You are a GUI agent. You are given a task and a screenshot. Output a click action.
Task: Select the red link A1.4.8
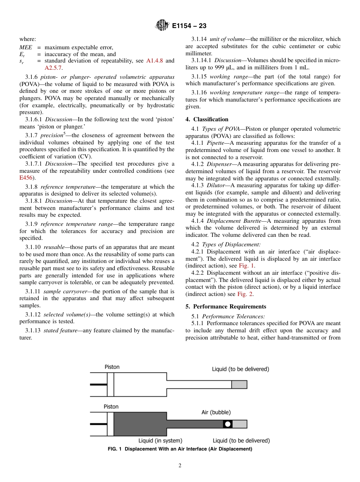point(155,61)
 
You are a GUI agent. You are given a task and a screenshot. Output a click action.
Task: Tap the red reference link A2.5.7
point(53,67)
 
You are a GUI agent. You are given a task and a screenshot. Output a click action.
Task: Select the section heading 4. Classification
point(207,119)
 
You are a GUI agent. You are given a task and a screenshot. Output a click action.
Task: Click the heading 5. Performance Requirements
point(226,307)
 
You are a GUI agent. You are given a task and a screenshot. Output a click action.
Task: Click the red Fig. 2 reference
point(245,294)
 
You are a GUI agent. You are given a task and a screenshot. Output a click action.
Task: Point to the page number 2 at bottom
point(180,466)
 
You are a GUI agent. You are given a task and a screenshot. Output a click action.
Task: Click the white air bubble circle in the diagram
point(227,424)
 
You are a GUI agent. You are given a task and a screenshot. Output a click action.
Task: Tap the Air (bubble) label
point(216,412)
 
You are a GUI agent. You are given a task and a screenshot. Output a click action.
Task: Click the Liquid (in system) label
point(160,441)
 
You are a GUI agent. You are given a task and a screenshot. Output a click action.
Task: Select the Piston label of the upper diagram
point(112,367)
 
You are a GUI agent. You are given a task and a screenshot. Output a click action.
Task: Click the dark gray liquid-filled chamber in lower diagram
point(140,424)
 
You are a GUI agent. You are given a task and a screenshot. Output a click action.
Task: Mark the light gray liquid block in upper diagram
point(239,385)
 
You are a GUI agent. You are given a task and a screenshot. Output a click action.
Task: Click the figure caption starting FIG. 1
point(180,449)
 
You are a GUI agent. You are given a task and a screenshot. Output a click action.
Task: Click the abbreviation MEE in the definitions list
point(26,47)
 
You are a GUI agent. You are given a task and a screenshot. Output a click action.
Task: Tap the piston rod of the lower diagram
point(98,424)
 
